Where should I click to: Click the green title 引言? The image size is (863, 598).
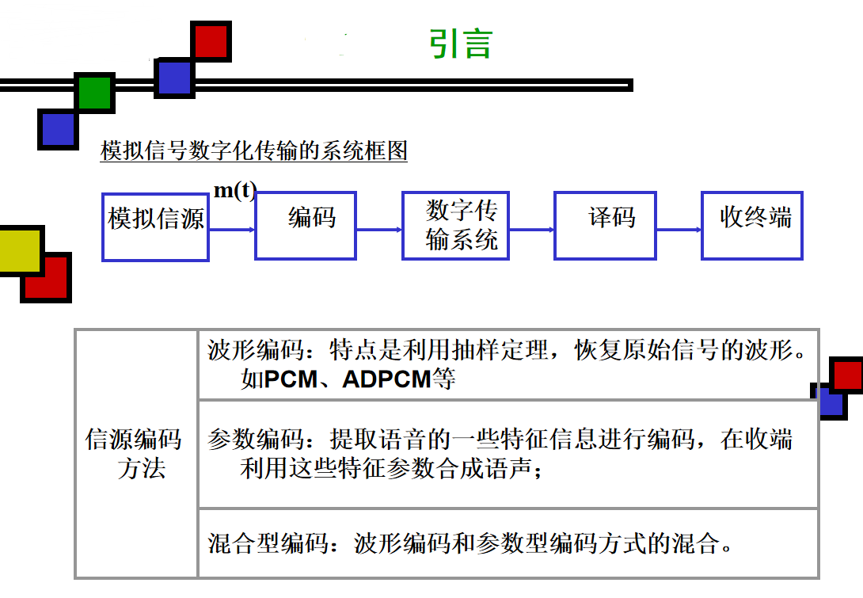pyautogui.click(x=460, y=44)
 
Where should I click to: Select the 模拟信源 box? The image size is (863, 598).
pyautogui.click(x=155, y=226)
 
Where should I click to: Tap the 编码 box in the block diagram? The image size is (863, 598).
pyautogui.click(x=306, y=225)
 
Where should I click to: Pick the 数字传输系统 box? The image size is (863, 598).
pyautogui.click(x=454, y=225)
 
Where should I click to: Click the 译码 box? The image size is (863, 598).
pyautogui.click(x=605, y=225)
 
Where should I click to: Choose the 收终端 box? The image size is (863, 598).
pyautogui.click(x=752, y=225)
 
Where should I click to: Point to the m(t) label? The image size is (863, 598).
pyautogui.click(x=235, y=192)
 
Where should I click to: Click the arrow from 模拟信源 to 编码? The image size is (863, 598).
pyautogui.click(x=232, y=230)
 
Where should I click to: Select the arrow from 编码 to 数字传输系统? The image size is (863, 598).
pyautogui.click(x=379, y=230)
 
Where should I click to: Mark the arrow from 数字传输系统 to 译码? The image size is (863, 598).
pyautogui.click(x=531, y=230)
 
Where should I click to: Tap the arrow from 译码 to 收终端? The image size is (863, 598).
pyautogui.click(x=679, y=230)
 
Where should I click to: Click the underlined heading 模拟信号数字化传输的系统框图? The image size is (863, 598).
pyautogui.click(x=254, y=150)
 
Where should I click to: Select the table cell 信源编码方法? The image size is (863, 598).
pyautogui.click(x=135, y=453)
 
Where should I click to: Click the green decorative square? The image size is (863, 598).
pyautogui.click(x=96, y=93)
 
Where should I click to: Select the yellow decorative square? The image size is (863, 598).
pyautogui.click(x=20, y=249)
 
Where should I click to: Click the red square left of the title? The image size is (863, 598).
pyautogui.click(x=211, y=41)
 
